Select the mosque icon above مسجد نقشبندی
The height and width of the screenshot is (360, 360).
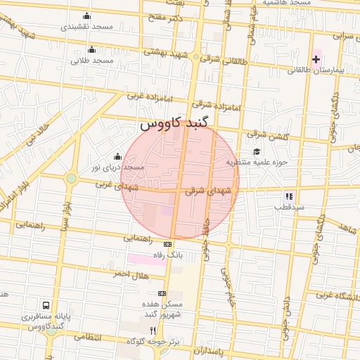pyautogui.click(x=86, y=15)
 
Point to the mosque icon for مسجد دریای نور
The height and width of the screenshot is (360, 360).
pyautogui.click(x=117, y=157)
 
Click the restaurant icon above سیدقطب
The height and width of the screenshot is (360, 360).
pyautogui.click(x=288, y=196)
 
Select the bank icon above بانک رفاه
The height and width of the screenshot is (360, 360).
pyautogui.click(x=167, y=244)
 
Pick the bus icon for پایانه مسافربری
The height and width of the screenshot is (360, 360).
pyautogui.click(x=46, y=306)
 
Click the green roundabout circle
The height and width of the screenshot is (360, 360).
pyautogui.click(x=71, y=179)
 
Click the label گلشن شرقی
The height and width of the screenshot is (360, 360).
pyautogui.click(x=268, y=134)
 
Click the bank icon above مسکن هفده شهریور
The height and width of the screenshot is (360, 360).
pyautogui.click(x=162, y=293)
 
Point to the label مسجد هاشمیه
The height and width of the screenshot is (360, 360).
pyautogui.click(x=286, y=3)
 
